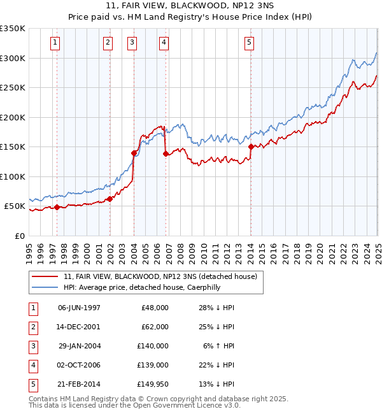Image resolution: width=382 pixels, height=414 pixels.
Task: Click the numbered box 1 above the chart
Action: (x=55, y=43)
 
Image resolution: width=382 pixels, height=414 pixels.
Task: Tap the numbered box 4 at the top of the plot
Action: (x=164, y=43)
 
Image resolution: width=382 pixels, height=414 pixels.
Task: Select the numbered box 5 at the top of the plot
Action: (x=249, y=43)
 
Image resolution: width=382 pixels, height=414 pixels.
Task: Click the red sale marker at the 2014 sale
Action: (x=251, y=146)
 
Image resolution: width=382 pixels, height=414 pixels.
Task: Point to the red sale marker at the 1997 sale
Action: (x=57, y=207)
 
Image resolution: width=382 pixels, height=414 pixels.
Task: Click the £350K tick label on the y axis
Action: (x=13, y=29)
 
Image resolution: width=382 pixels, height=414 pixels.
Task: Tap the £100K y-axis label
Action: (x=13, y=176)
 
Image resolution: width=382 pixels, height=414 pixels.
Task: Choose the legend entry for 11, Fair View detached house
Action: (x=160, y=276)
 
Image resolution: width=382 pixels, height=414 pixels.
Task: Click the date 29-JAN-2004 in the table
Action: (x=80, y=345)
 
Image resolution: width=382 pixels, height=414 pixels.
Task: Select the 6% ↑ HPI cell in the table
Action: (x=218, y=345)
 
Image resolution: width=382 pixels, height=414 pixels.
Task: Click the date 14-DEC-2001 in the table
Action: (x=79, y=326)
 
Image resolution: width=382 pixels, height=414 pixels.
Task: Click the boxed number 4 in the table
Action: (x=31, y=364)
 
